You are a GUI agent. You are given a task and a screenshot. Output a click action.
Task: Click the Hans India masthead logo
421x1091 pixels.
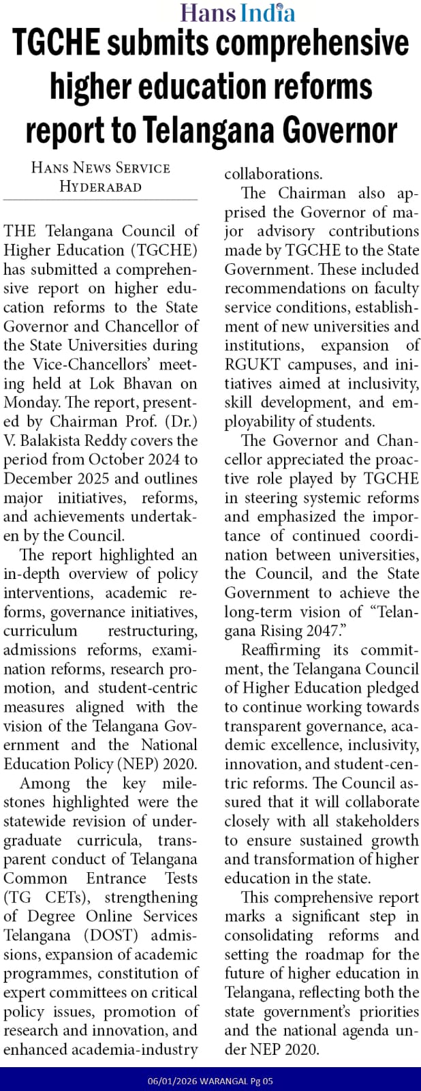pos(238,12)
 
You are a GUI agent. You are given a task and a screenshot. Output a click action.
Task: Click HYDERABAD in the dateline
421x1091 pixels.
pos(101,186)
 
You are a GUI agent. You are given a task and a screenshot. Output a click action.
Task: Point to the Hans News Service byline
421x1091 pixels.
pos(101,168)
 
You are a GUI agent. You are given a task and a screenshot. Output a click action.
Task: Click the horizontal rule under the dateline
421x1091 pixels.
pos(101,199)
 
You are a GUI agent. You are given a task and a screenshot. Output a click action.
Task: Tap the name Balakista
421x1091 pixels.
pos(58,440)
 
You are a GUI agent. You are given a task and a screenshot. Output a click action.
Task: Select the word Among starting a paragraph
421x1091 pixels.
pos(45,783)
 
